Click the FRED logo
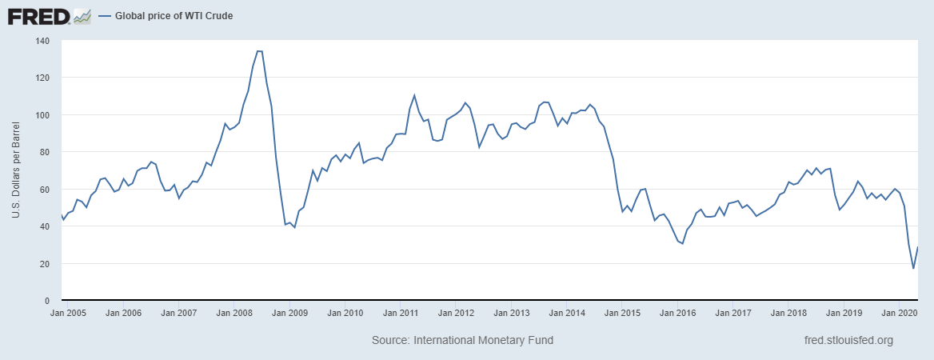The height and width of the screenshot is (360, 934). point(40,15)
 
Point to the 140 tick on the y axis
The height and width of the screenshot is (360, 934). point(42,41)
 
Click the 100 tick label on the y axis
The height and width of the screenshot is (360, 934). point(42,115)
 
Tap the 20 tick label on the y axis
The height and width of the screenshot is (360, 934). point(44,264)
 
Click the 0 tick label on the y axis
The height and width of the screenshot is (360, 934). point(46,301)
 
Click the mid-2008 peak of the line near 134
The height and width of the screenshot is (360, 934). point(259,51)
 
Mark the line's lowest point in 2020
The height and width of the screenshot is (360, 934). point(913,268)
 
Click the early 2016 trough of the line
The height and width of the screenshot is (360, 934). point(682,243)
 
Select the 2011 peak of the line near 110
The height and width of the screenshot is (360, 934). point(414,95)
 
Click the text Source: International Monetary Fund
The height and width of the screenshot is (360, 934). point(462,340)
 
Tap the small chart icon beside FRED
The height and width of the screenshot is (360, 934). point(82,15)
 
